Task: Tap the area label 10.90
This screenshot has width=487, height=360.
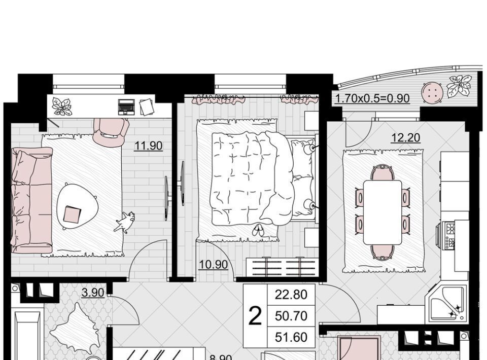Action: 213,265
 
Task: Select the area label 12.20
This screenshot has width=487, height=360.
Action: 405,137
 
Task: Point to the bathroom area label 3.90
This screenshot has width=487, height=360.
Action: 92,293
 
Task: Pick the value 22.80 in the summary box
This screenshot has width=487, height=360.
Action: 291,294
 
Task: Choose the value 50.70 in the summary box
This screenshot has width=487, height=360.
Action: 291,316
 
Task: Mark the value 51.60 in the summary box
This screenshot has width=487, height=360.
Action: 291,337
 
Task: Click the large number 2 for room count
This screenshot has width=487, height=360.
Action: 255,316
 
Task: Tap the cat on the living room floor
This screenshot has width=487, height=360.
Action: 125,222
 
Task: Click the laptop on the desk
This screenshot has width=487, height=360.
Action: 126,106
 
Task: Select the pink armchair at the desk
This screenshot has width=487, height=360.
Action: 111,131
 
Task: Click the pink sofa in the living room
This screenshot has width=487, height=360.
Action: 31,200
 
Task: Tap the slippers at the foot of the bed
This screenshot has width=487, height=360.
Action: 258,230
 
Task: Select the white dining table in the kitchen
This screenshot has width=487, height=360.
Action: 382,212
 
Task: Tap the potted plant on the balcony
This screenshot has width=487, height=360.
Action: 459,86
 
